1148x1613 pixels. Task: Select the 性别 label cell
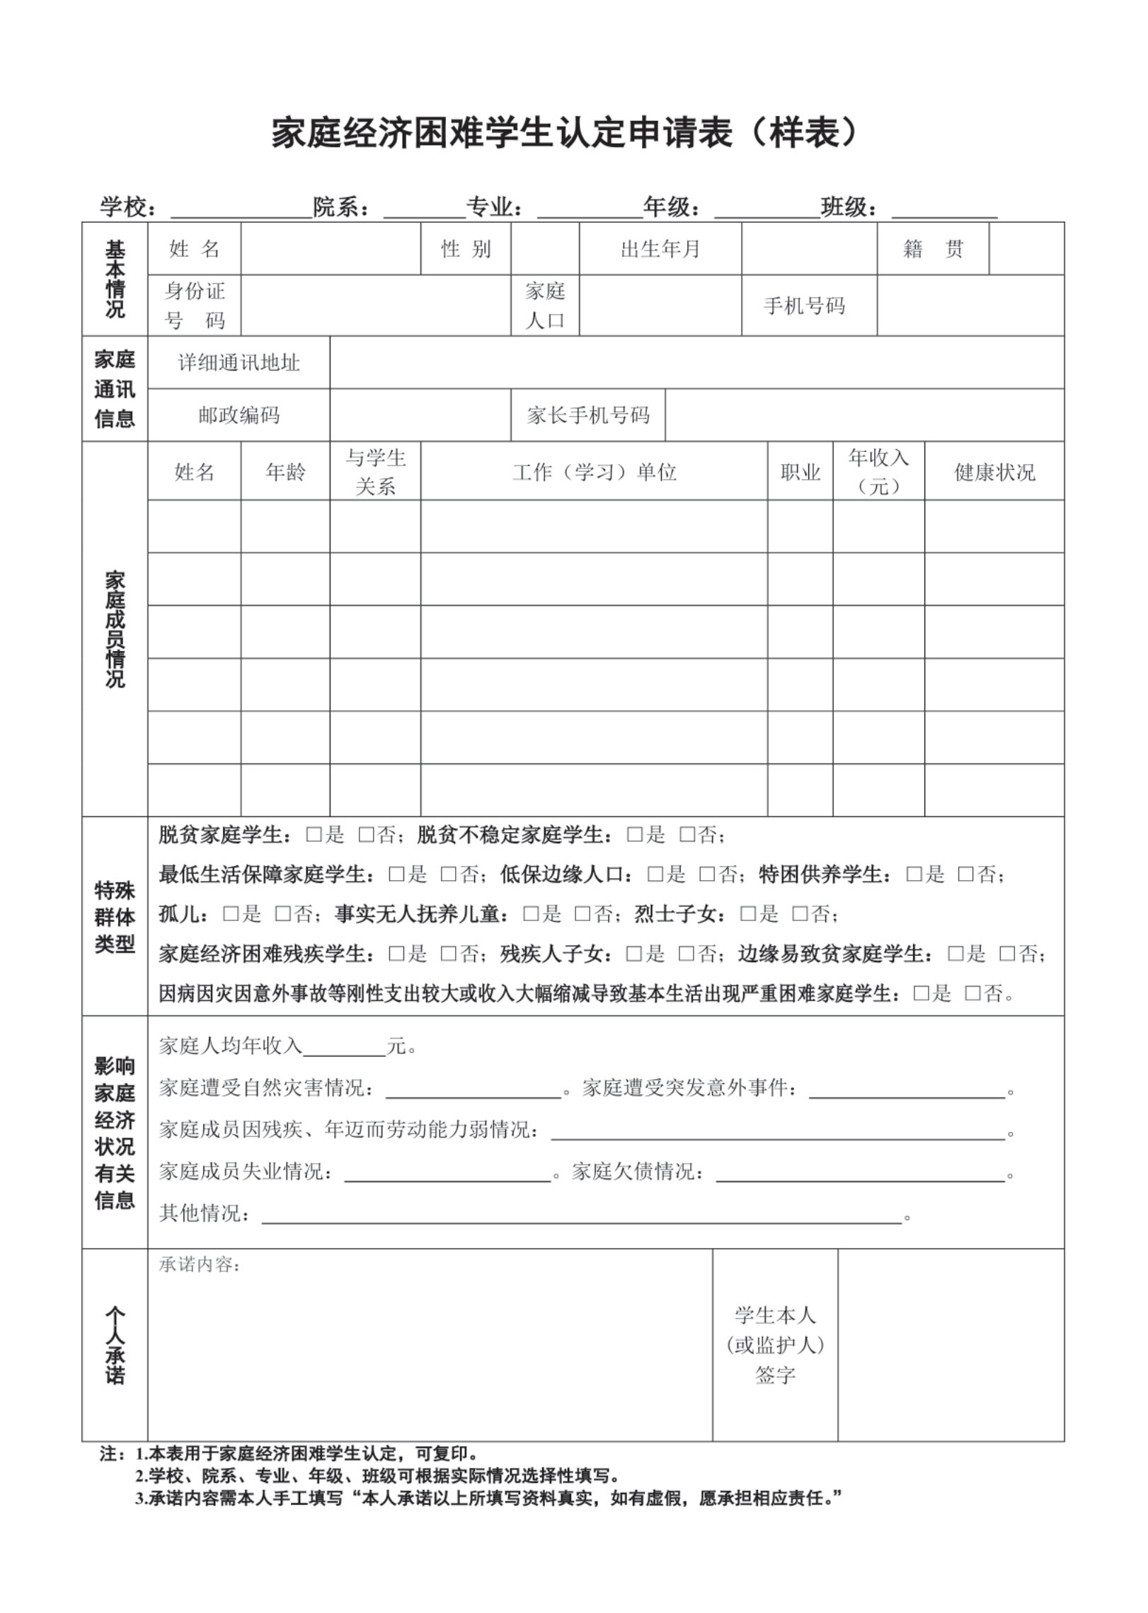click(x=466, y=249)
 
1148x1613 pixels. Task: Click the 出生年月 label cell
click(x=660, y=249)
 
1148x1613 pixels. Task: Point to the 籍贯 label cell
click(x=933, y=249)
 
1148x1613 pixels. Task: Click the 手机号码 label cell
click(x=804, y=306)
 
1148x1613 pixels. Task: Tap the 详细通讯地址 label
click(x=239, y=363)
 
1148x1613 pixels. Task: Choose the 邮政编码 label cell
click(x=239, y=415)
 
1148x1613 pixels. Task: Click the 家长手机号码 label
click(x=587, y=415)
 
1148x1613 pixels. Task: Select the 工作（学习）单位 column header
click(x=594, y=472)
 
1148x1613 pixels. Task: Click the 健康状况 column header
click(x=994, y=472)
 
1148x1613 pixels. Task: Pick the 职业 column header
click(x=800, y=472)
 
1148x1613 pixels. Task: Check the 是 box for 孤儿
click(x=231, y=914)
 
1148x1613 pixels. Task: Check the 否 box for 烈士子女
click(x=800, y=914)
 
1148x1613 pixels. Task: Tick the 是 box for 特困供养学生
click(x=914, y=874)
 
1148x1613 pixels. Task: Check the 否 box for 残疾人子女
click(x=687, y=954)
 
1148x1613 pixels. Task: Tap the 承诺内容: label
click(x=200, y=1265)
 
